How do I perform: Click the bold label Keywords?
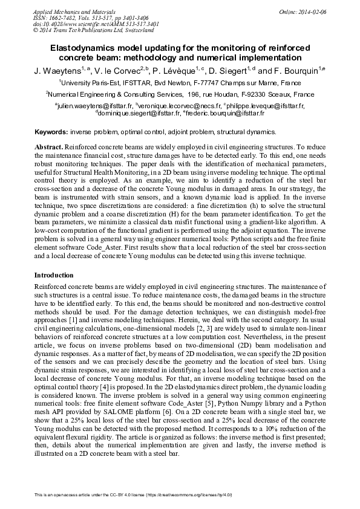tap(51, 131)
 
